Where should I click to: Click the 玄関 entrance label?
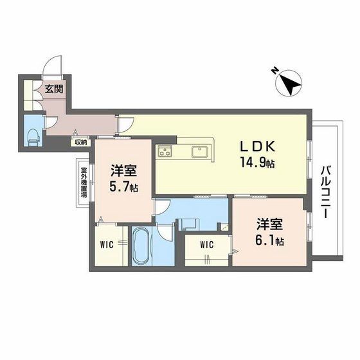54,91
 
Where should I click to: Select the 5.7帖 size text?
124,186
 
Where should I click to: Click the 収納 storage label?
79,143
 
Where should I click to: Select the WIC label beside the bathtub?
107,244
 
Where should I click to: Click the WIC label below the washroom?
206,244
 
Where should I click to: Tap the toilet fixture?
32,134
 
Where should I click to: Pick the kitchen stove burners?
165,152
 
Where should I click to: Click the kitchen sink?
197,152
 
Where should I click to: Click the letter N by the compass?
274,70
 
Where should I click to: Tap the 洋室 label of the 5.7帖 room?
122,170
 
